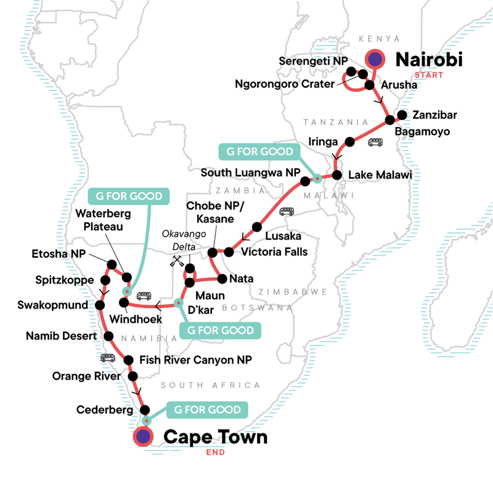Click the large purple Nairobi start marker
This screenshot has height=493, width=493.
[375, 59]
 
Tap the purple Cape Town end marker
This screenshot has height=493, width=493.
[144, 437]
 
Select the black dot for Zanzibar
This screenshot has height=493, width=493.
[402, 115]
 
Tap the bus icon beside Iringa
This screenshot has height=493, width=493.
[375, 142]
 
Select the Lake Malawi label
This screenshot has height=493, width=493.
[380, 176]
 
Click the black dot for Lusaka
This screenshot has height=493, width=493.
[257, 226]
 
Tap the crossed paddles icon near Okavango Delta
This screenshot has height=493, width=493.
[176, 262]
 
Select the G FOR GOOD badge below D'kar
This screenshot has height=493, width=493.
[219, 330]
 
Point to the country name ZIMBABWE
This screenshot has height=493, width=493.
[284, 291]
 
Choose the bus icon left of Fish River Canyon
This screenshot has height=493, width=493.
[108, 358]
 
